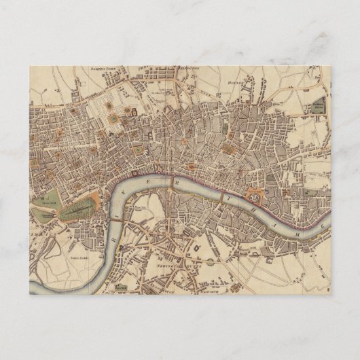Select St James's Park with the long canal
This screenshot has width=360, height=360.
pos(78,209)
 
